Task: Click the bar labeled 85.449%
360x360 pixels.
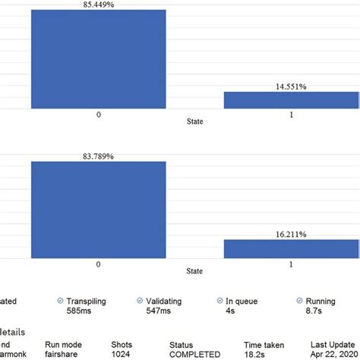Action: [x=98, y=59]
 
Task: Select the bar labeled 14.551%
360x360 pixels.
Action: [x=291, y=99]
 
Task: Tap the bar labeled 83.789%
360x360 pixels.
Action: [x=98, y=210]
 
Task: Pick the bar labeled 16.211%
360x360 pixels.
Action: [x=291, y=248]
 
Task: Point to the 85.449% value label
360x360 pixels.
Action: [x=98, y=5]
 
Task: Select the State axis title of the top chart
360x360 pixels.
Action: [x=195, y=121]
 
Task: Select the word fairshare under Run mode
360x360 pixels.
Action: [x=69, y=353]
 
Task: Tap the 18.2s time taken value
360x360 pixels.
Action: [x=256, y=353]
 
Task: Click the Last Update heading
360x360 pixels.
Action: [x=334, y=343]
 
